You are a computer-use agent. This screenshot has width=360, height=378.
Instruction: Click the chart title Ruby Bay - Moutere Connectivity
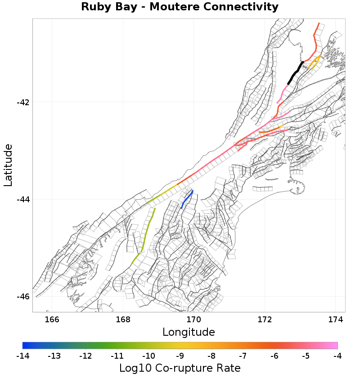click(x=180, y=7)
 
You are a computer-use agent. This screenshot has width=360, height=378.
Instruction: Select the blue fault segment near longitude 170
click(x=187, y=199)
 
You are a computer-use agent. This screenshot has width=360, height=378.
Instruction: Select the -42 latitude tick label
click(x=23, y=102)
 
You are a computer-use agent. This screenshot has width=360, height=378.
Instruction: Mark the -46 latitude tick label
click(x=23, y=297)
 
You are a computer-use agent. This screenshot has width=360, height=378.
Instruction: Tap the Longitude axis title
click(x=189, y=332)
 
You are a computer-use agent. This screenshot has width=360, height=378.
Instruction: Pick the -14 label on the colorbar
click(x=22, y=356)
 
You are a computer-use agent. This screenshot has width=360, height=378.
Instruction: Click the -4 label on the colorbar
click(x=337, y=356)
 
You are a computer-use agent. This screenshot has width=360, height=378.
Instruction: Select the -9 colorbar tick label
click(x=180, y=356)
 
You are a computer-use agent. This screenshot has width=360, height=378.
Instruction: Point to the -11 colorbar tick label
click(x=117, y=356)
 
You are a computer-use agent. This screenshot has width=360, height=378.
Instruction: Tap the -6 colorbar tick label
click(x=274, y=356)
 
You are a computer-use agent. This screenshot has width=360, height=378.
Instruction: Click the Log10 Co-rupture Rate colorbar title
click(x=180, y=368)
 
